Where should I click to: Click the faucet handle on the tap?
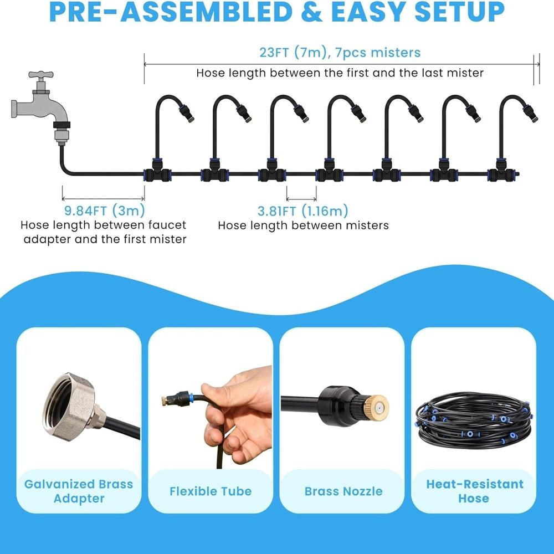pos(41,75)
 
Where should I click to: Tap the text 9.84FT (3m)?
pos(105,211)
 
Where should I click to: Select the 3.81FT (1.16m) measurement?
pos(303,211)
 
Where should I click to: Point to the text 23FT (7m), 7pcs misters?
pos(340,53)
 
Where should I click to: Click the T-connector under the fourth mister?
pos(329,171)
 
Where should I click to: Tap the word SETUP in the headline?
pos(459,12)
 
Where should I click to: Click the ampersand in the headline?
pos(312,12)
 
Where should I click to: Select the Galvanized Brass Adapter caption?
pos(79,491)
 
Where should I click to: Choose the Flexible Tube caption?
pos(211,491)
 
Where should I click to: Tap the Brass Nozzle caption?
pos(343,491)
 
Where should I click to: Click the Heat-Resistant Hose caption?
pos(475,491)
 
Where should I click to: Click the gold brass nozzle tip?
pos(376,407)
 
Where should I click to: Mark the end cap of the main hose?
pos(517,174)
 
